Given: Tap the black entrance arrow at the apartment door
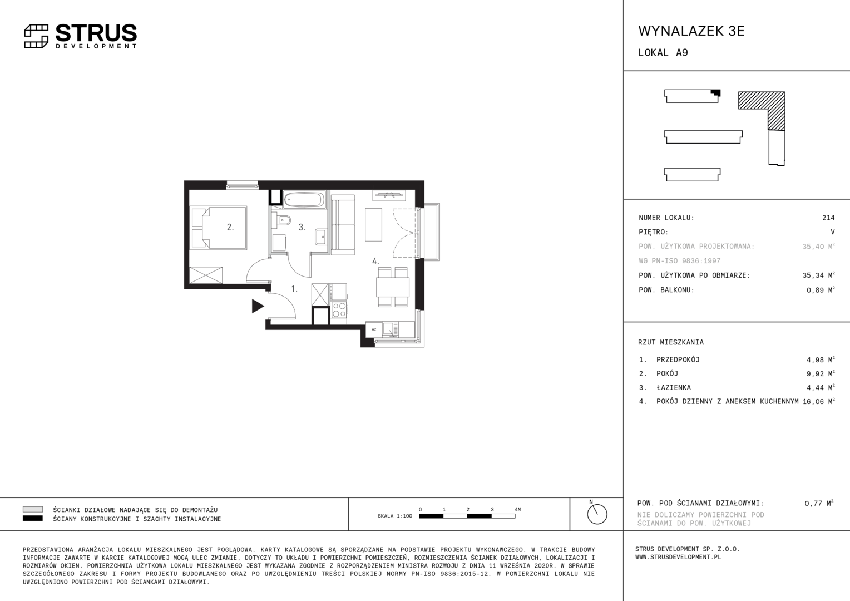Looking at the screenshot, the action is click(258, 306).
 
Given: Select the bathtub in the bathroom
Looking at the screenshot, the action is click(304, 199).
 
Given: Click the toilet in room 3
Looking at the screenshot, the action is click(284, 220).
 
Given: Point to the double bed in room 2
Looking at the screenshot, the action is click(219, 228).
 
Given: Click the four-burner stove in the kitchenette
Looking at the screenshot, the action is click(339, 309).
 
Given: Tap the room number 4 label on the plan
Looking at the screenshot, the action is click(375, 261).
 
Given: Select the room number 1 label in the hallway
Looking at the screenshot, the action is click(294, 289).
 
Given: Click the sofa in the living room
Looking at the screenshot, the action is click(343, 225).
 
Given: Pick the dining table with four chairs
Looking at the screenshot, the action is click(393, 287).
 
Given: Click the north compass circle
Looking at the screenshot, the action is click(597, 514).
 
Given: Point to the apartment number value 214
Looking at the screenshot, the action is click(828, 218).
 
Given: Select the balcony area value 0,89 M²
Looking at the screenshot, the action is click(821, 290).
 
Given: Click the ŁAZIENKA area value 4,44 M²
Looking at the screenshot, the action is click(821, 388).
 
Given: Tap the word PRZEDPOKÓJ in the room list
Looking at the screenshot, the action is click(678, 359).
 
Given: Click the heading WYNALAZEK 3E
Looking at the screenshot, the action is click(691, 31).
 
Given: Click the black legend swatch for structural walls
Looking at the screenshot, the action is click(33, 518).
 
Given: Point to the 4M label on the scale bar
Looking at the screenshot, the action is click(517, 509).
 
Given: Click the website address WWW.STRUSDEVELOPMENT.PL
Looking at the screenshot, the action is click(678, 557).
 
